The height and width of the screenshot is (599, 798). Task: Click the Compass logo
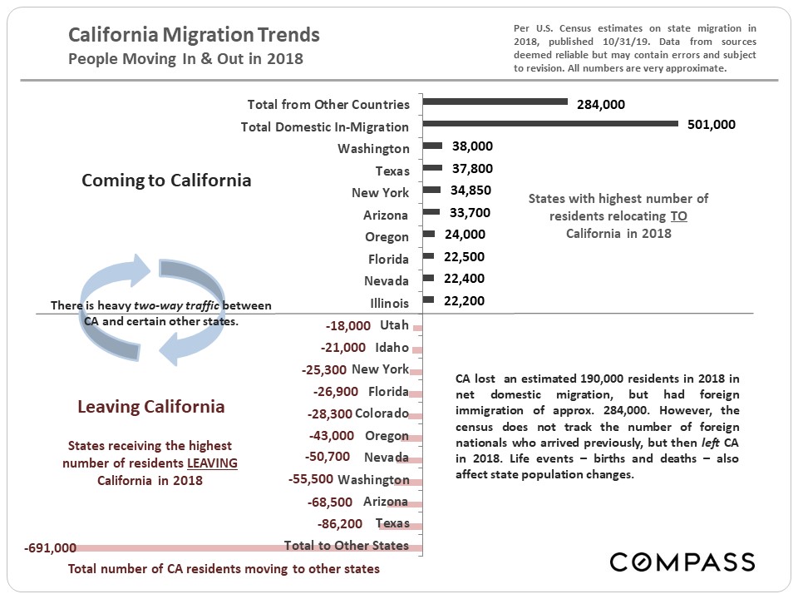682,562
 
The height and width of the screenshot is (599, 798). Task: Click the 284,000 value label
600,104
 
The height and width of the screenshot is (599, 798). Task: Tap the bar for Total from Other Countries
495,102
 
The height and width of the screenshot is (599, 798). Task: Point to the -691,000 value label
51,547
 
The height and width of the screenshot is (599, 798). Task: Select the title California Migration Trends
194,36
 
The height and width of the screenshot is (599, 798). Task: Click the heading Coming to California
166,181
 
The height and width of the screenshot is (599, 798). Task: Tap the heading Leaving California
150,407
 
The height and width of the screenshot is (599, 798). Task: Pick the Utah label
394,324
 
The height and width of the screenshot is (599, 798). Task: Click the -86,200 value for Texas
340,524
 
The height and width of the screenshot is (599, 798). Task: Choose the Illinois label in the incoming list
389,303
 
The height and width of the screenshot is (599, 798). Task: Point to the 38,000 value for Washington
472,146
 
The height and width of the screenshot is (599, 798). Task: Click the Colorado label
382,413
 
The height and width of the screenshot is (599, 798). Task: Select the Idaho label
392,347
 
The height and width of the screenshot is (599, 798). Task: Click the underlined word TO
679,215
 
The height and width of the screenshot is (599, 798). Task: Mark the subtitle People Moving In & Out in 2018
185,59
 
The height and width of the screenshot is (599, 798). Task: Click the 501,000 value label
712,124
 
